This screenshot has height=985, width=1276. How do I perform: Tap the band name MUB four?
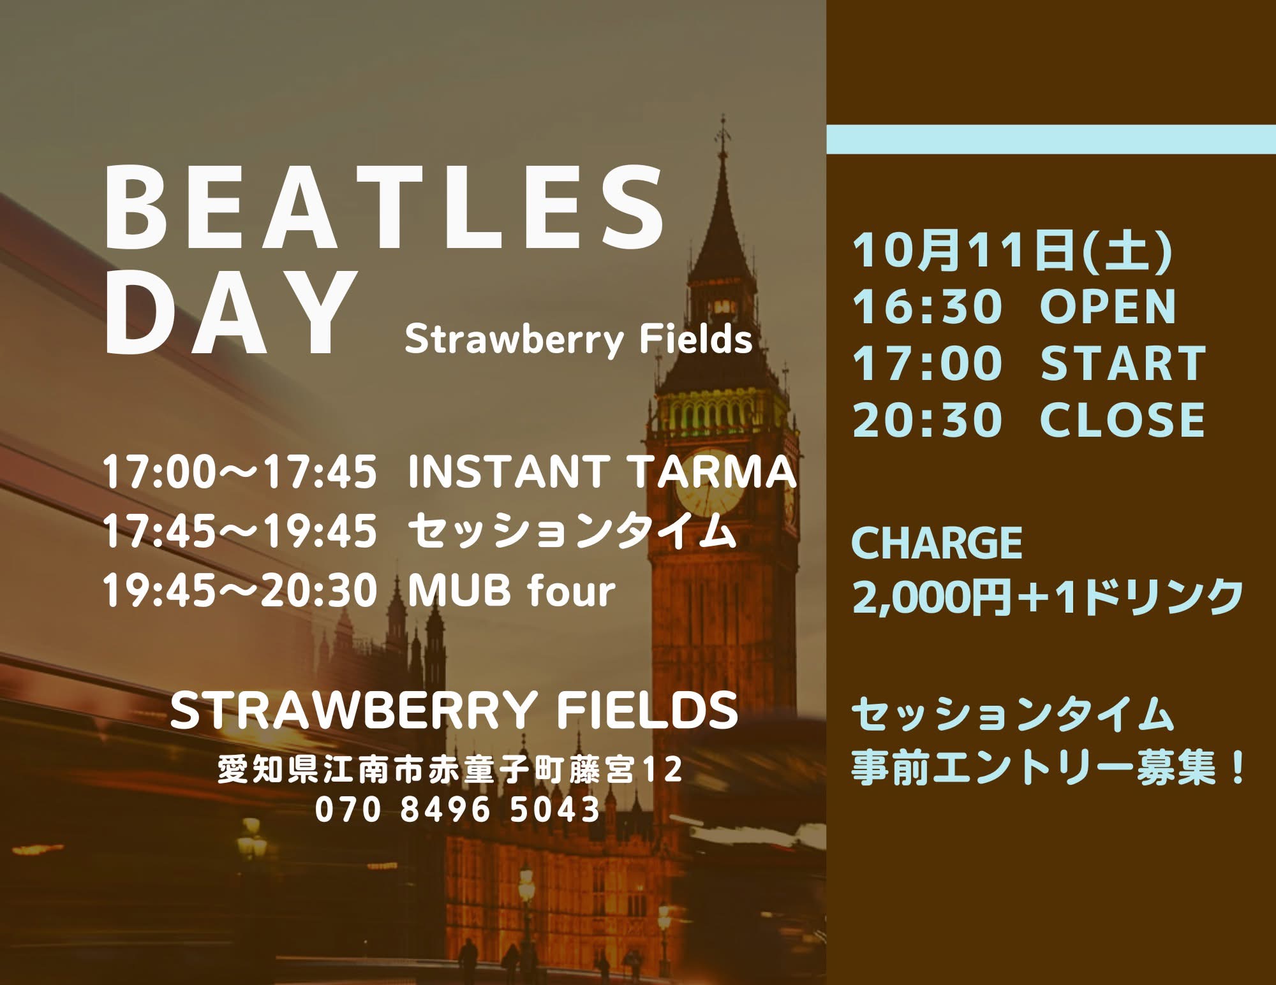click(x=511, y=590)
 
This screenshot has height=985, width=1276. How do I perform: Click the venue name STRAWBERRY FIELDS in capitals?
click(x=454, y=710)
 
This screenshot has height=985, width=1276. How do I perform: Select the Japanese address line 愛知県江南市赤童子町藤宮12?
click(x=450, y=770)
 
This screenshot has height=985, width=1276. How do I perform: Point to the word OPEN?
click(x=1108, y=307)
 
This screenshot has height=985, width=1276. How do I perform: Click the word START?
click(x=1123, y=363)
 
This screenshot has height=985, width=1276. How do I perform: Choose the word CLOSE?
click(x=1123, y=420)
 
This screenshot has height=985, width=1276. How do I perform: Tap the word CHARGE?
click(x=937, y=543)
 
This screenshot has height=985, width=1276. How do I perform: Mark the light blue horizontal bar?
click(x=1051, y=140)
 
